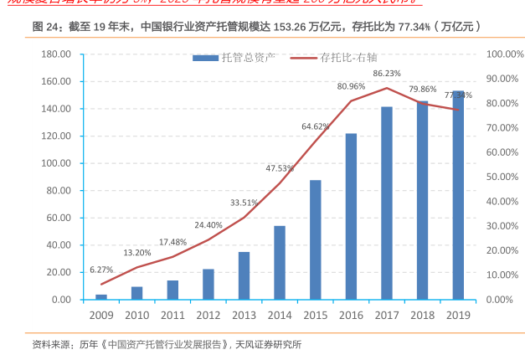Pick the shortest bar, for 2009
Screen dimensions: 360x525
point(100,296)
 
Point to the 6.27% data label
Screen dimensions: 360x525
point(100,270)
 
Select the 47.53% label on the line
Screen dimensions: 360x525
point(280,168)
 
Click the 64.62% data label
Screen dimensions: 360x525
point(316,126)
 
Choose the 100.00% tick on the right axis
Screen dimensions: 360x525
point(503,54)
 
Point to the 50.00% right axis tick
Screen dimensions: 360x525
point(503,177)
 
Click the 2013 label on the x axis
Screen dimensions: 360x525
point(244,315)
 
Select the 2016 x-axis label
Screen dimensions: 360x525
point(351,315)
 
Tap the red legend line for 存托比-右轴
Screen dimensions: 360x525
point(304,58)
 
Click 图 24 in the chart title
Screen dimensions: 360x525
point(47,27)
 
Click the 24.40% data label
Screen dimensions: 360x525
point(208,225)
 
